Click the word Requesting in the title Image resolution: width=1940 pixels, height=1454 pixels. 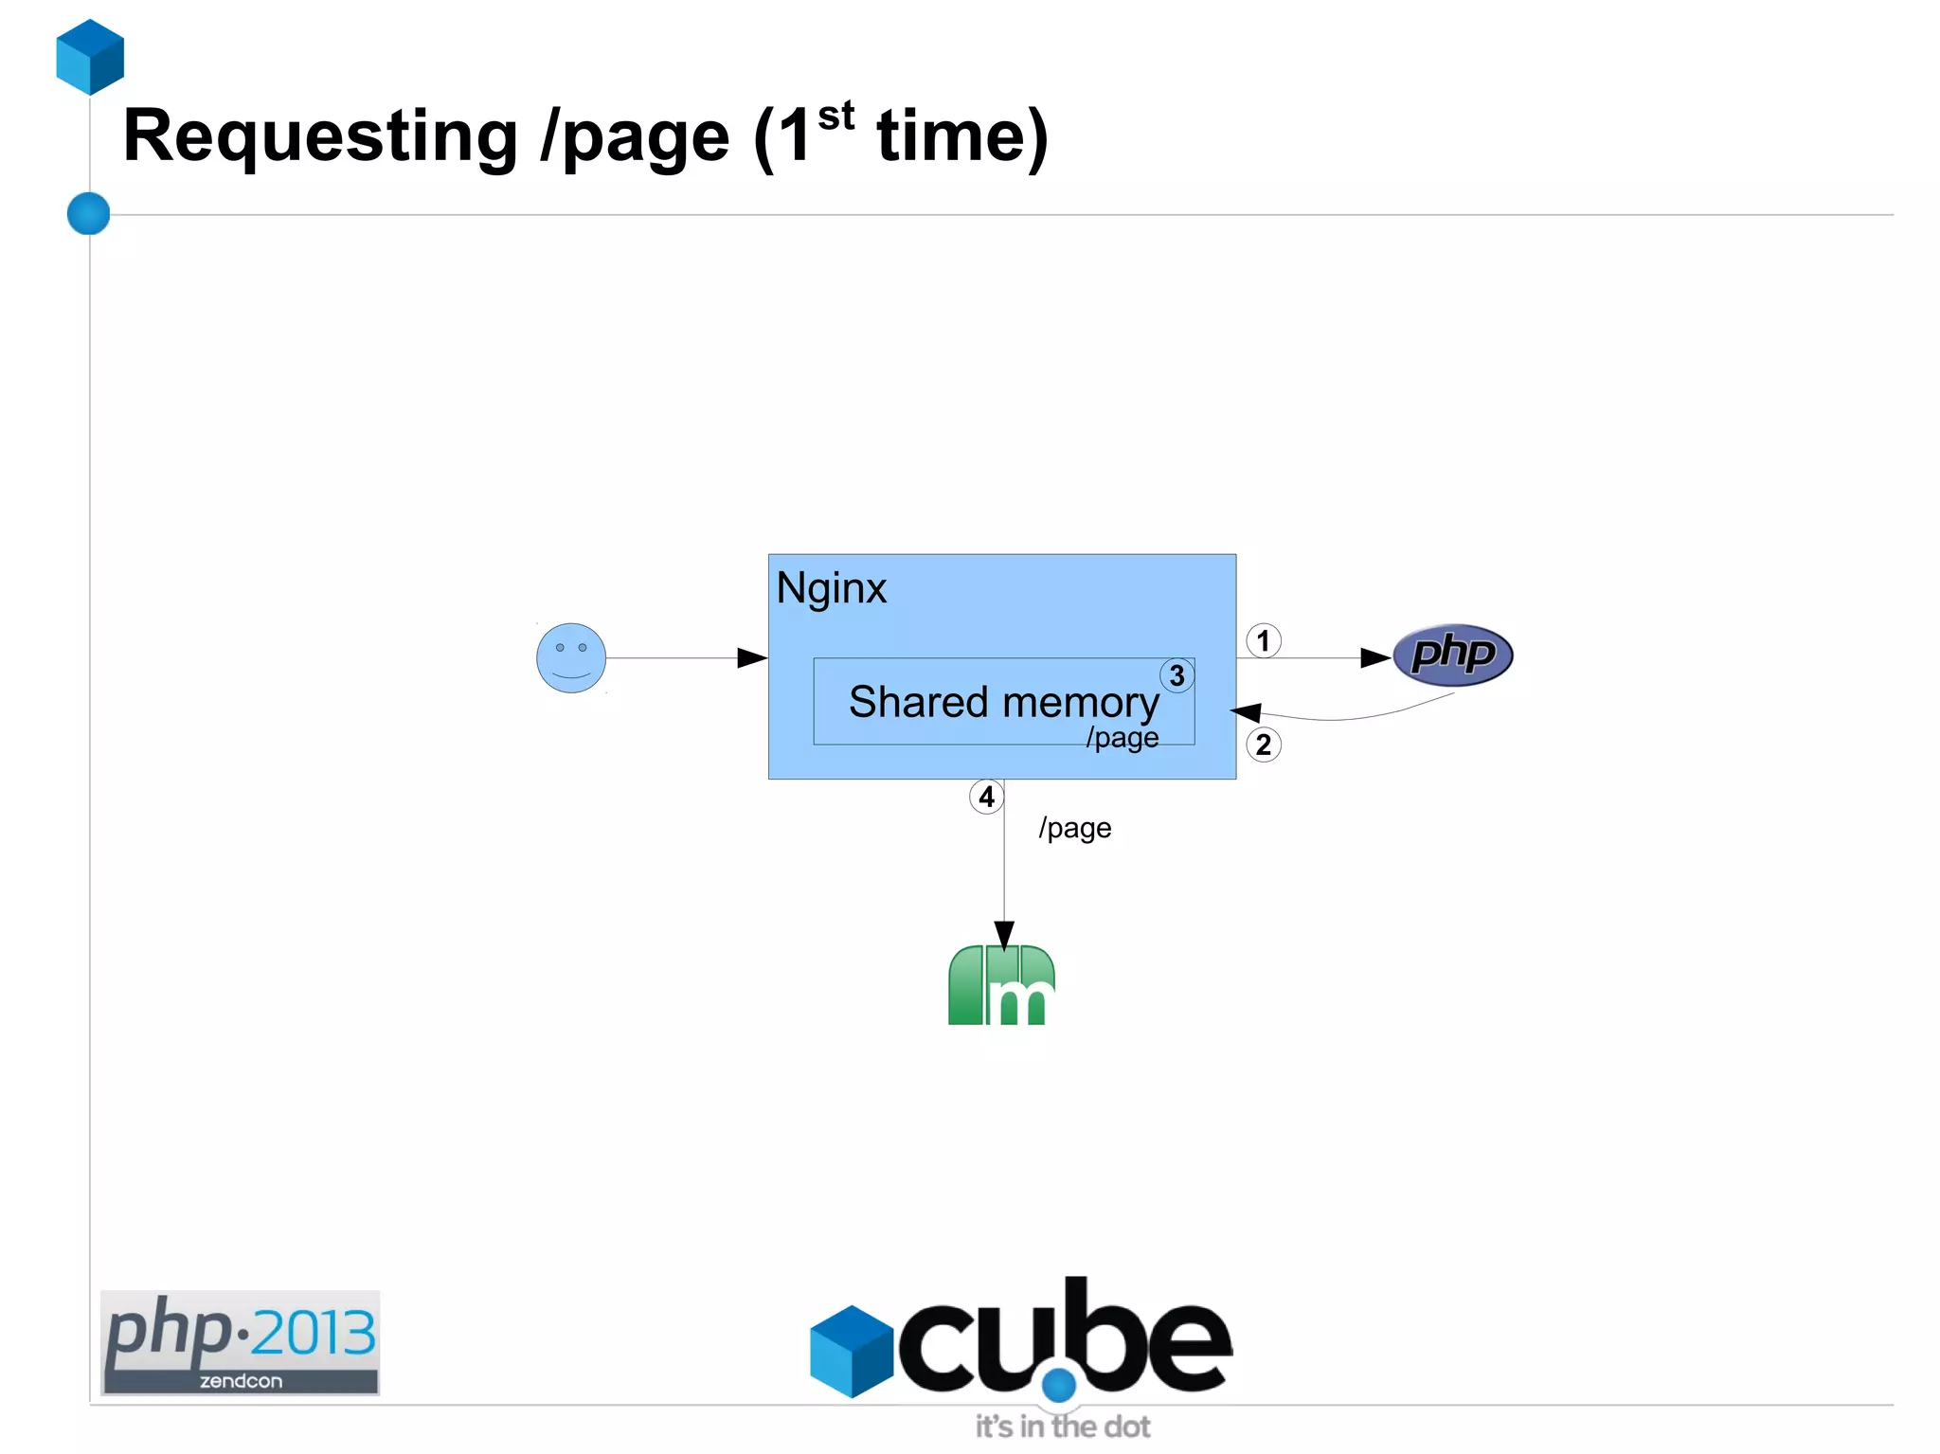point(320,137)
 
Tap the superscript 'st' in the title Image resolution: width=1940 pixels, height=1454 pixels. point(835,117)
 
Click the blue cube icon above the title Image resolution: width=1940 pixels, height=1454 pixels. point(90,57)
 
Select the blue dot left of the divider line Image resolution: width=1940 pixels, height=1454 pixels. point(89,213)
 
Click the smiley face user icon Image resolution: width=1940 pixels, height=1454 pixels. point(571,657)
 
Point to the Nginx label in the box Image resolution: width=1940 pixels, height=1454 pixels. point(831,588)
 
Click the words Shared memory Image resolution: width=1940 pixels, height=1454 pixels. point(1003,702)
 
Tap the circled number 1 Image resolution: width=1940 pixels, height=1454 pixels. point(1263,641)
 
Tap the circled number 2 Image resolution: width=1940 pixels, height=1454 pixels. point(1263,745)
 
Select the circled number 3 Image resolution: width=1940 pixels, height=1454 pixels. point(1177,675)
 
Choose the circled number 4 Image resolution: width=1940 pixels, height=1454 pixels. point(986,797)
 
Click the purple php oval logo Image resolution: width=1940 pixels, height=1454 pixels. point(1452,655)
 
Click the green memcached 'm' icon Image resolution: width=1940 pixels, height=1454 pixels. point(1001,985)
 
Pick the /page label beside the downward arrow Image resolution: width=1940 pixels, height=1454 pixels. point(1074,828)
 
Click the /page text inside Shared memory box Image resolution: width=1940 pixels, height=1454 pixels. point(1122,737)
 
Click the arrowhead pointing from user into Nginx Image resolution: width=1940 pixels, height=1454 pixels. point(752,657)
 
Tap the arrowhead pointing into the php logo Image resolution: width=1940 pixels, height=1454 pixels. point(1374,657)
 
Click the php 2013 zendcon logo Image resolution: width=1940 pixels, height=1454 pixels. point(240,1342)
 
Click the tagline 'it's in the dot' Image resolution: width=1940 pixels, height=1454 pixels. point(1062,1426)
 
